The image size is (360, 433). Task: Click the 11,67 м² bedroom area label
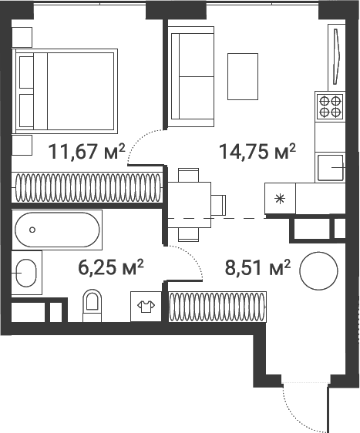click(x=86, y=151)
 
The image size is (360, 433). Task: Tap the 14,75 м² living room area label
click(x=257, y=151)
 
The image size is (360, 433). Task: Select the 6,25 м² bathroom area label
click(x=111, y=267)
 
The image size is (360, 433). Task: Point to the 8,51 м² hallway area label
click(x=257, y=267)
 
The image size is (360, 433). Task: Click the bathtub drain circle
click(x=32, y=230)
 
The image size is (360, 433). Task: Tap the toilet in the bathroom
click(x=93, y=305)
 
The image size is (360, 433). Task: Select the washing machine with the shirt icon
click(x=146, y=306)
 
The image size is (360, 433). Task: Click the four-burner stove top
click(x=330, y=106)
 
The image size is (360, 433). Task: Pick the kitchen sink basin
click(x=331, y=168)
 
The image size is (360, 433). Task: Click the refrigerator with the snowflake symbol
click(x=280, y=198)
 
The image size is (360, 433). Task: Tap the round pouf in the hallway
click(x=318, y=271)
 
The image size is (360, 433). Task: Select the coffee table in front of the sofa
click(x=243, y=76)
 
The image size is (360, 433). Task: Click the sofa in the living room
click(x=191, y=76)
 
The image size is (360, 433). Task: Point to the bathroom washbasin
click(x=26, y=273)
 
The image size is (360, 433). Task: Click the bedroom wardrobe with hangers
click(x=87, y=187)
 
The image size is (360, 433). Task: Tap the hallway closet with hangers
click(x=217, y=307)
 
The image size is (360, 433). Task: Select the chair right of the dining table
click(x=218, y=205)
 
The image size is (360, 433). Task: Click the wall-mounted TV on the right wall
click(x=337, y=56)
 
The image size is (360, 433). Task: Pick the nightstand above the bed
click(x=22, y=37)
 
